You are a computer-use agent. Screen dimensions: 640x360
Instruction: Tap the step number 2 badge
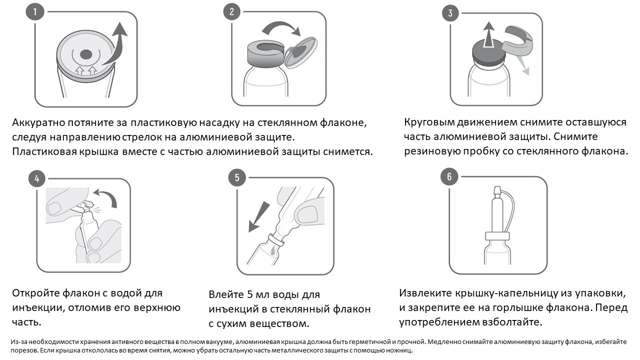(x=231, y=12)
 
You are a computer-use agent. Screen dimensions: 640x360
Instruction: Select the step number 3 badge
(x=450, y=13)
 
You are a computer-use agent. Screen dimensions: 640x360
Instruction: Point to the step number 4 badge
(x=36, y=178)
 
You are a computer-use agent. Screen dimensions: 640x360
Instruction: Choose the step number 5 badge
(x=236, y=177)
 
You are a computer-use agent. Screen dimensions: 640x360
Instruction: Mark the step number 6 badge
(x=449, y=176)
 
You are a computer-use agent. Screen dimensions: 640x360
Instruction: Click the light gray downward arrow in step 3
(x=524, y=65)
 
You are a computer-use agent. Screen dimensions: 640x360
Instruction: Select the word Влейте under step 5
(x=225, y=294)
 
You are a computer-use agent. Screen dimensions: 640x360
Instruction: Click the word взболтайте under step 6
(x=508, y=321)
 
